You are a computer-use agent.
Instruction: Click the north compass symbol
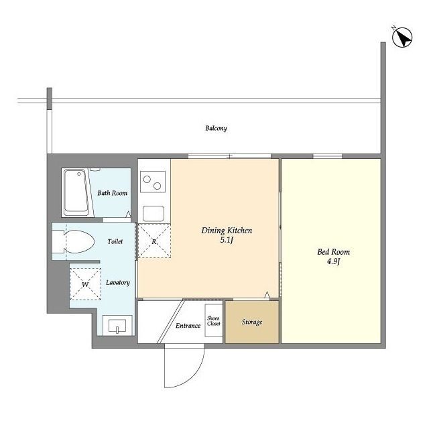pyautogui.click(x=402, y=37)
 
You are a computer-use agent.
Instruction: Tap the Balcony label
pyautogui.click(x=216, y=128)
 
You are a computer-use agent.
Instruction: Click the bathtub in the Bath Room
pyautogui.click(x=76, y=192)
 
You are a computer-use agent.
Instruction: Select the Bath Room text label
pyautogui.click(x=113, y=193)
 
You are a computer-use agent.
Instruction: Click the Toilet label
pyautogui.click(x=115, y=241)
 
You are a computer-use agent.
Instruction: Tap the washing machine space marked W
pyautogui.click(x=85, y=284)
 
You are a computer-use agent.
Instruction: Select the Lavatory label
pyautogui.click(x=118, y=282)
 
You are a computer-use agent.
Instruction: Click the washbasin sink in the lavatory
pyautogui.click(x=117, y=326)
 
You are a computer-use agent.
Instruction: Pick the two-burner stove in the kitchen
pyautogui.click(x=153, y=182)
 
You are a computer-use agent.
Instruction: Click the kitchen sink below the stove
pyautogui.click(x=154, y=214)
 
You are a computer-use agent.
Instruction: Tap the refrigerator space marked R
pyautogui.click(x=154, y=241)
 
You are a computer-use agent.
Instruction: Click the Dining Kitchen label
pyautogui.click(x=227, y=231)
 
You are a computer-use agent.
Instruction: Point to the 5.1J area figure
pyautogui.click(x=227, y=241)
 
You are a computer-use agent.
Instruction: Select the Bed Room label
pyautogui.click(x=334, y=252)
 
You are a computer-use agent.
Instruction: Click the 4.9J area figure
pyautogui.click(x=334, y=261)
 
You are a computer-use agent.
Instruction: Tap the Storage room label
pyautogui.click(x=252, y=322)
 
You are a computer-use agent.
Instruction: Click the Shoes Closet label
pyautogui.click(x=213, y=321)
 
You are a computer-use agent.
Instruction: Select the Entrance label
pyautogui.click(x=188, y=326)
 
